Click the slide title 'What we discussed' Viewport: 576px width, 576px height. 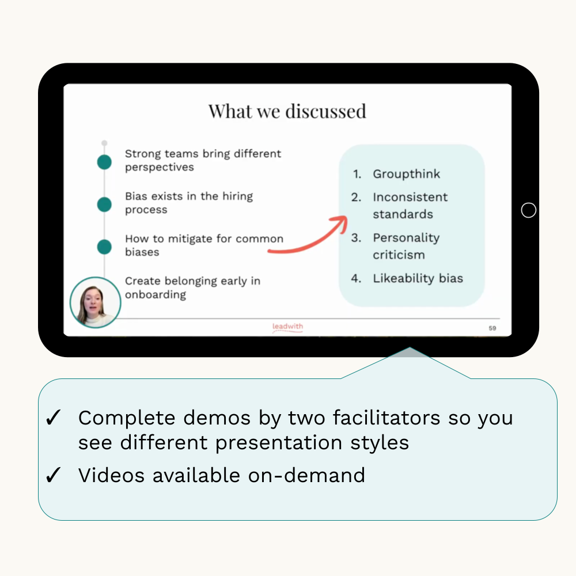[287, 111]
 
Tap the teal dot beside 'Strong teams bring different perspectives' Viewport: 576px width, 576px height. [104, 162]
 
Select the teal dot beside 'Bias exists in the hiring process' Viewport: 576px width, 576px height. [104, 204]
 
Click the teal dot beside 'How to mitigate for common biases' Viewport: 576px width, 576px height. [104, 247]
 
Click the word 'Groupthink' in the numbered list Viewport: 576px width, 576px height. [406, 174]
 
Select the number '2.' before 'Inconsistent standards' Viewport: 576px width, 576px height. [356, 197]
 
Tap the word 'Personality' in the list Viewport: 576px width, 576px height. [406, 238]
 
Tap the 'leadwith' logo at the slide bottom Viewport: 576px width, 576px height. [287, 327]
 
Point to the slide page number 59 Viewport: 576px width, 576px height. [492, 328]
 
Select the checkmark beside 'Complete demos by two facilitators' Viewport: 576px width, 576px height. [53, 418]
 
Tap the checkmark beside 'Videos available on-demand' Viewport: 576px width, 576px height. [53, 475]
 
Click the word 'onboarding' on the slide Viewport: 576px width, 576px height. [156, 294]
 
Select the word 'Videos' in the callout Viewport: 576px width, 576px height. [111, 475]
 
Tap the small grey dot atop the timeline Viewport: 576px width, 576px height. [104, 143]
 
